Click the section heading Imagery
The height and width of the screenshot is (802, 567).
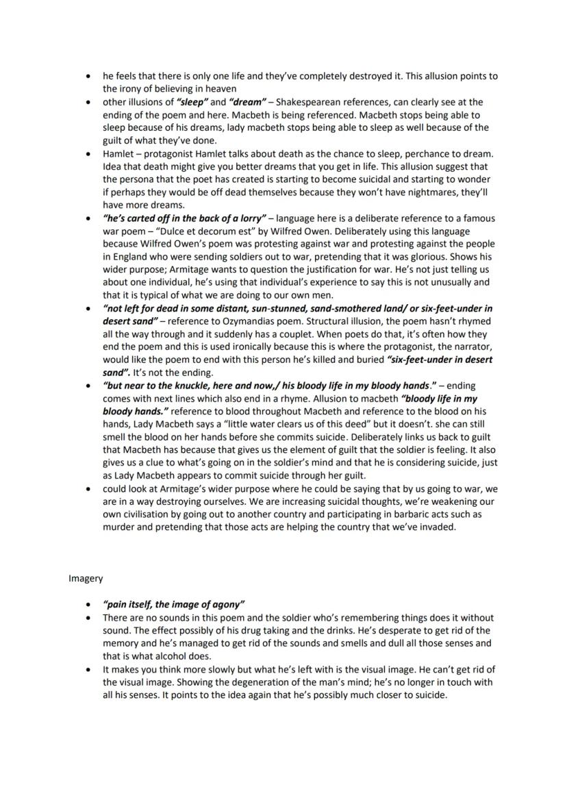(x=86, y=578)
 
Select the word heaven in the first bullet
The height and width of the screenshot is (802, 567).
(x=221, y=88)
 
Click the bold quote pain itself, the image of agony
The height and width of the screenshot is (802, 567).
(x=173, y=604)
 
